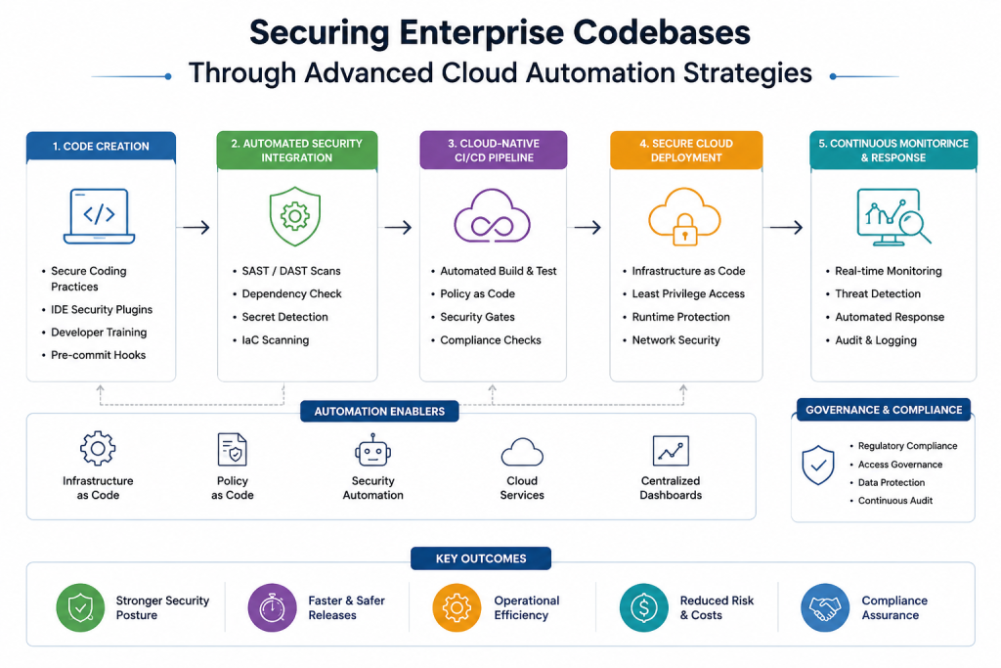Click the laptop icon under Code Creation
99,216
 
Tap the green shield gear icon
295,216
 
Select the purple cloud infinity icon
493,216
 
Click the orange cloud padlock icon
684,216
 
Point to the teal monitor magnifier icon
893,217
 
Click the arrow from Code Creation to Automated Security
196,227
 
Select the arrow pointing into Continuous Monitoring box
787,227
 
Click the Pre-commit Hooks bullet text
99,355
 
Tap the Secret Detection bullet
284,317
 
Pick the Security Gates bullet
477,317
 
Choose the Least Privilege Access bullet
688,293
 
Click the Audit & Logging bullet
876,340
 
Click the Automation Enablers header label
379,412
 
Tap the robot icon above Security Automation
372,451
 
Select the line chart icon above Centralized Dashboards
671,451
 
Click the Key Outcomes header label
481,558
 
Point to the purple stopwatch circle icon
272,607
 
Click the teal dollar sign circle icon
643,607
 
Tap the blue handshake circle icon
825,607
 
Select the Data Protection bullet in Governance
892,483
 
